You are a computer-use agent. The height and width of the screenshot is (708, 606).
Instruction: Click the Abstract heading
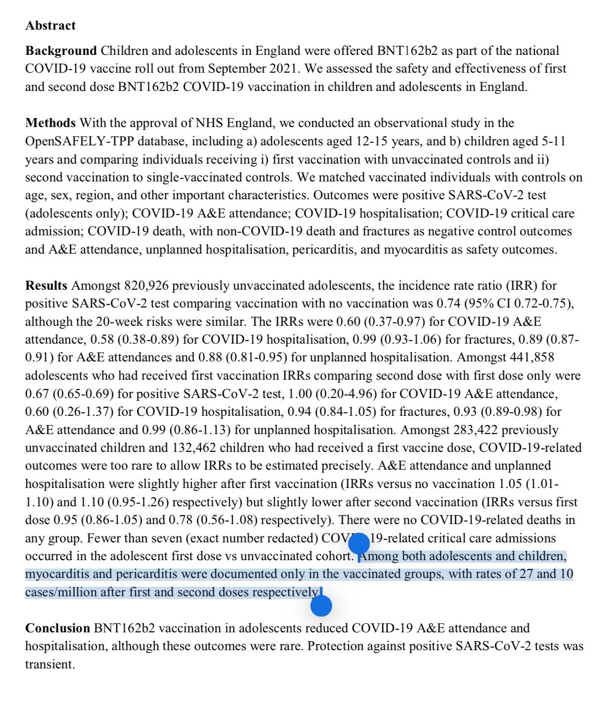click(50, 26)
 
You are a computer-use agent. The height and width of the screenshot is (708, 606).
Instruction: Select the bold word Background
click(61, 51)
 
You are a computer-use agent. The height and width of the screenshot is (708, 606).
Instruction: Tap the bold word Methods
click(50, 123)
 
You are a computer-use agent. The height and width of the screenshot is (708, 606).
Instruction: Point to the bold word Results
click(46, 286)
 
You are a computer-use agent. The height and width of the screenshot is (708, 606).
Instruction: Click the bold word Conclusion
click(57, 628)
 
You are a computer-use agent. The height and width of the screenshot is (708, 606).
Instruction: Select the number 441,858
click(528, 357)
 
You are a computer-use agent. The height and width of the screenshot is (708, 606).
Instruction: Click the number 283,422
click(476, 430)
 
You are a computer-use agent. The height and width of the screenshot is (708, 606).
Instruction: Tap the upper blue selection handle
click(359, 544)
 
